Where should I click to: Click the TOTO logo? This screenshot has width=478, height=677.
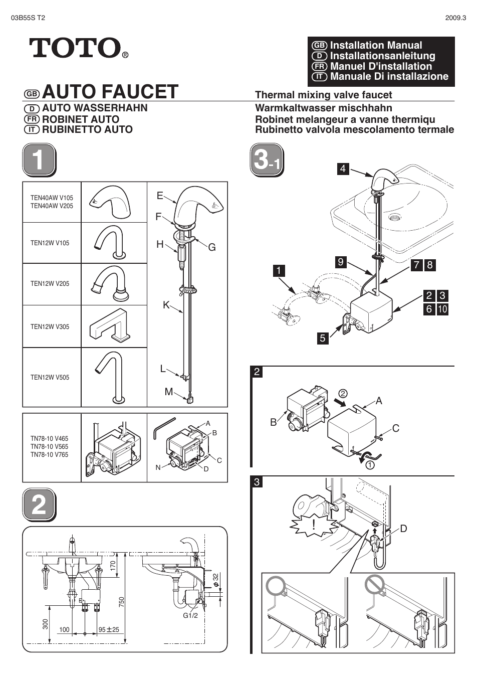(x=75, y=48)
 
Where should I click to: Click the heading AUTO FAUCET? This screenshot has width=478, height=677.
(x=110, y=92)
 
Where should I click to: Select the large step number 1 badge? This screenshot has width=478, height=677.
(x=39, y=160)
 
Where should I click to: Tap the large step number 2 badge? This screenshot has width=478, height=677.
(x=39, y=504)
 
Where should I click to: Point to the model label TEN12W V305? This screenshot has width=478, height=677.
(x=50, y=326)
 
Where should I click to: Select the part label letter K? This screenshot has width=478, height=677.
(x=166, y=305)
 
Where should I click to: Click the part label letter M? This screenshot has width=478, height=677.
(x=168, y=392)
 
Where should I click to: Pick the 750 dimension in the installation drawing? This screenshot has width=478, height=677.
(x=122, y=602)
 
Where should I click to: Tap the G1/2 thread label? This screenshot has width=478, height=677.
(x=190, y=615)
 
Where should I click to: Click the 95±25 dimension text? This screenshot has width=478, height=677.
(x=109, y=630)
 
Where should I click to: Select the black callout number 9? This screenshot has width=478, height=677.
(x=341, y=262)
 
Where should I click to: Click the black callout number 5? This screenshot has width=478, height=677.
(x=322, y=338)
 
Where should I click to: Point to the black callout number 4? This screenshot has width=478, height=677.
(x=343, y=168)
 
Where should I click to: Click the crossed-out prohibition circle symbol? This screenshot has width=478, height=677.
(x=374, y=584)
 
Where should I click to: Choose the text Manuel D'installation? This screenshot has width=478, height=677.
(x=381, y=66)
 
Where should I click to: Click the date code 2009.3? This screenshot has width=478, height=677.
(x=455, y=18)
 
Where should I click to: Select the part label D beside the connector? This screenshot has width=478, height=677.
(x=403, y=529)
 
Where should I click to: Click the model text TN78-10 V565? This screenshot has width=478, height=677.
(x=49, y=446)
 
